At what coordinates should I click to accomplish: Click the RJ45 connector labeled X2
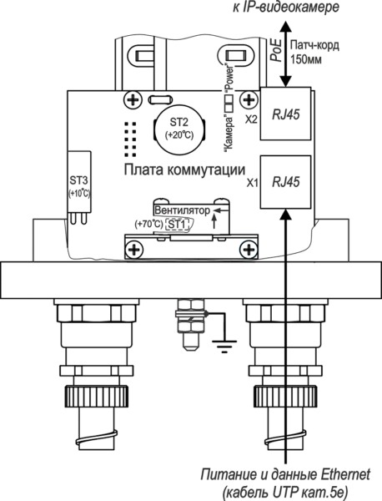click(x=285, y=114)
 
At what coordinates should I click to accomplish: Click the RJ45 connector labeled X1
click(x=285, y=182)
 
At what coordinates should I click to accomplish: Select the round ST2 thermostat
click(x=179, y=129)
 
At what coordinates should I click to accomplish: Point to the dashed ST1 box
click(x=177, y=225)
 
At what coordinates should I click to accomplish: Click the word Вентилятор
click(x=183, y=210)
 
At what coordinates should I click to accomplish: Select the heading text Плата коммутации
click(x=185, y=170)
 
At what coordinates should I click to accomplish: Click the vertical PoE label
click(x=276, y=50)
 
